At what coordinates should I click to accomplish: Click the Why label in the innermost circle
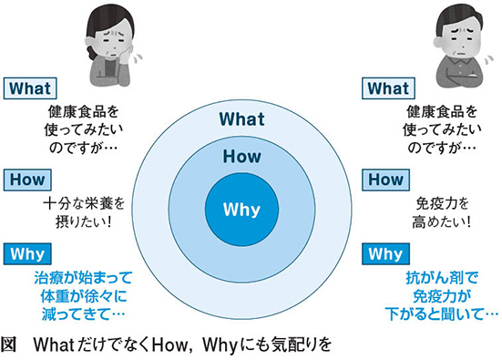pyautogui.click(x=241, y=211)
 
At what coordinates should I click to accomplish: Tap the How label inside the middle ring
pyautogui.click(x=242, y=156)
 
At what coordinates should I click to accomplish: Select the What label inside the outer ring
pyautogui.click(x=242, y=119)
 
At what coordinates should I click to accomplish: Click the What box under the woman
pyautogui.click(x=30, y=88)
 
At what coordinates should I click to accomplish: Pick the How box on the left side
pyautogui.click(x=27, y=180)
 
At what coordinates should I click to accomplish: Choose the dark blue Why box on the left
pyautogui.click(x=27, y=254)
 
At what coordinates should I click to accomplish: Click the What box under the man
pyautogui.click(x=388, y=88)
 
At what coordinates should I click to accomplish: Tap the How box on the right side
pyautogui.click(x=385, y=180)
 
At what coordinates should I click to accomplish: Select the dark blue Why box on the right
pyautogui.click(x=385, y=254)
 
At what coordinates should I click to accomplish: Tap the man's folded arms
pyautogui.click(x=460, y=77)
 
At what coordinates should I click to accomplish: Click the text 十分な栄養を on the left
pyautogui.click(x=84, y=204)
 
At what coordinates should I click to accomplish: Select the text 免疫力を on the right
pyautogui.click(x=442, y=204)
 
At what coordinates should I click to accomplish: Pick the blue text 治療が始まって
pyautogui.click(x=83, y=278)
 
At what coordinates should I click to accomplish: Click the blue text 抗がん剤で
pyautogui.click(x=442, y=278)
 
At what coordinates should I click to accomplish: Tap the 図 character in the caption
pyautogui.click(x=8, y=345)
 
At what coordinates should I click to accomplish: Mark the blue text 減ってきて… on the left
pyautogui.click(x=83, y=314)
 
